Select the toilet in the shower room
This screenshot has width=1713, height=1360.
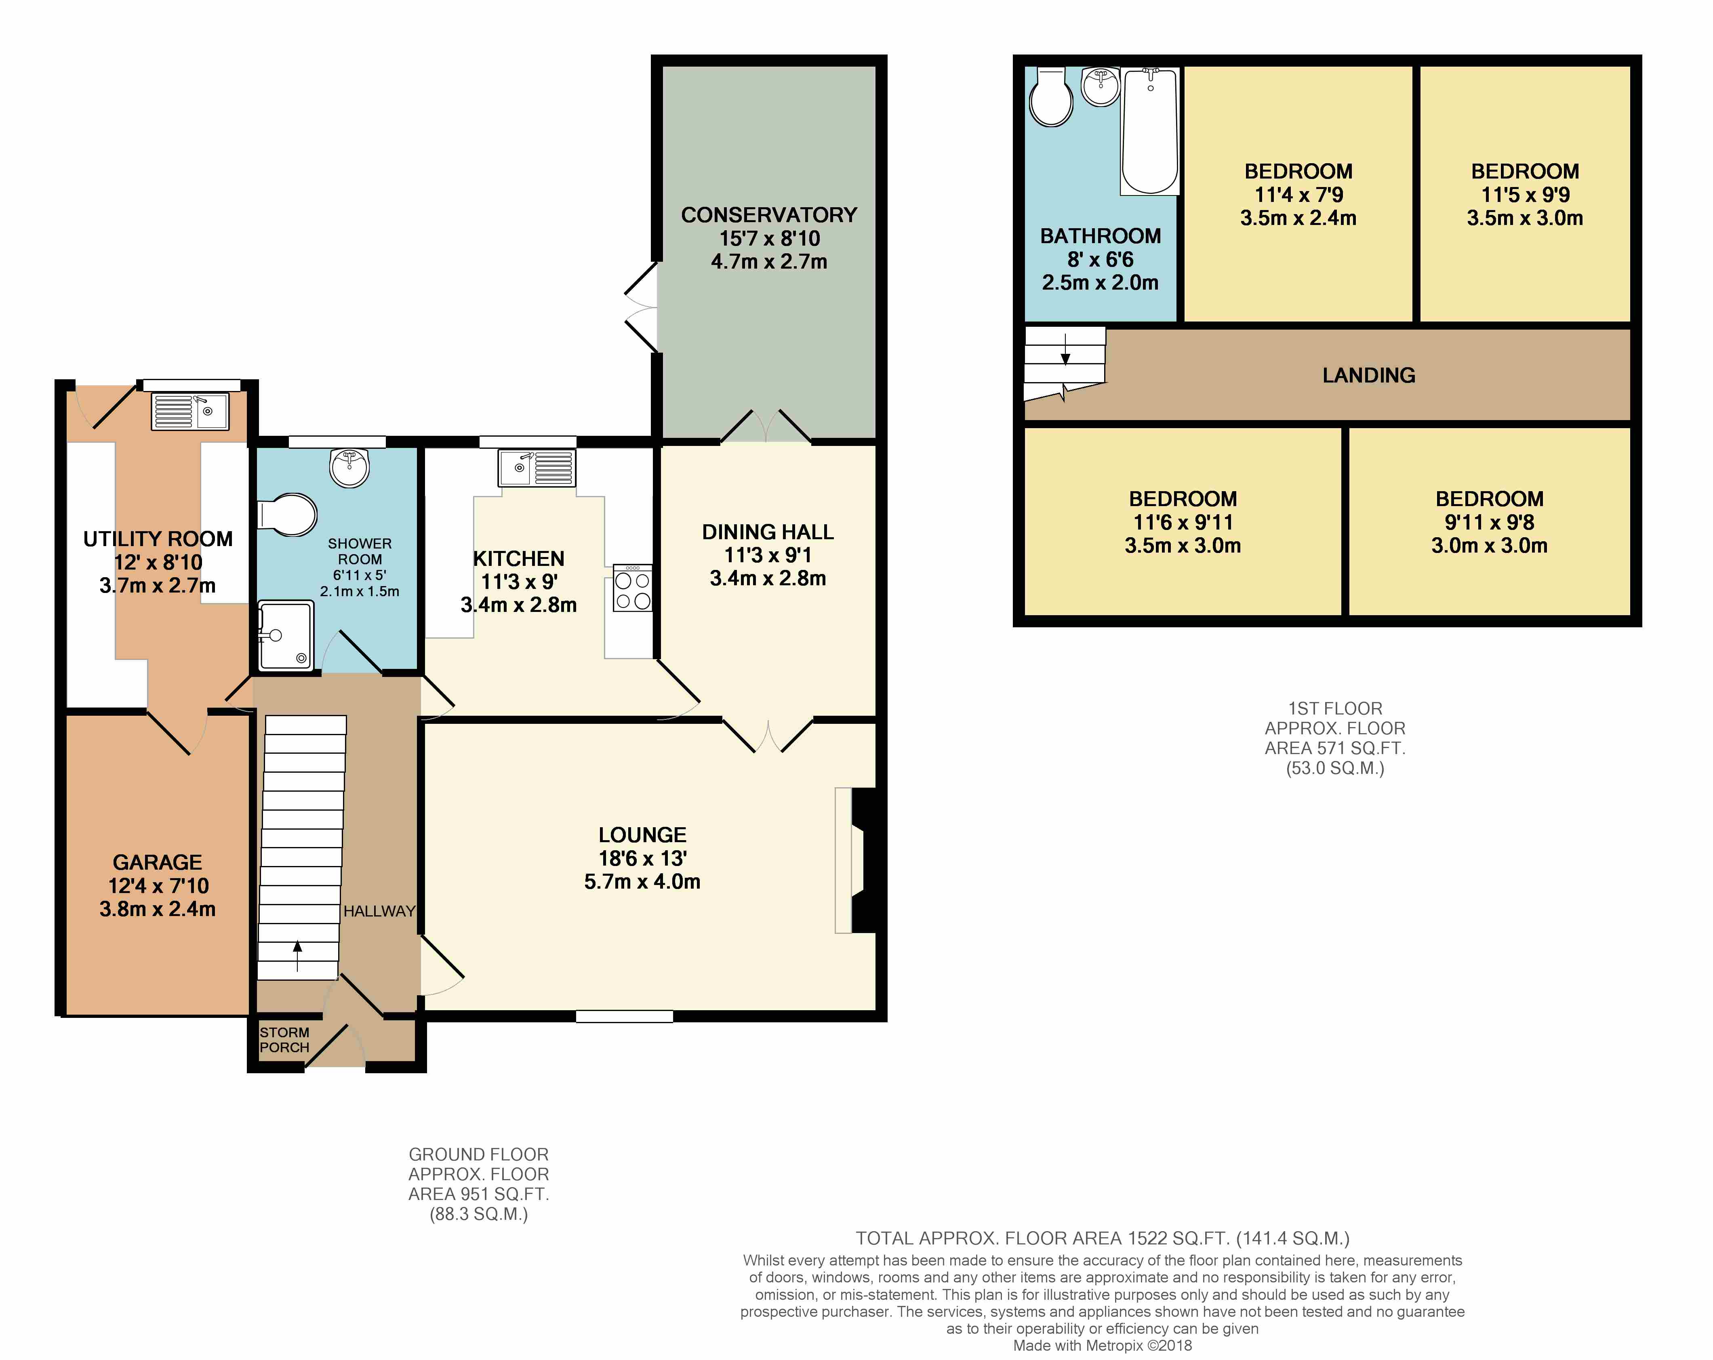[x=287, y=515]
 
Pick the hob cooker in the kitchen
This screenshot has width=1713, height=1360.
[x=632, y=588]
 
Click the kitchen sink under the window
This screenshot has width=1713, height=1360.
[x=537, y=468]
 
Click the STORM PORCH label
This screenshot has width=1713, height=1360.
[x=284, y=1040]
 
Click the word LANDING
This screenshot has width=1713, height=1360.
[x=1369, y=375]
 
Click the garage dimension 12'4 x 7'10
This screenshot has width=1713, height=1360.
[x=158, y=886]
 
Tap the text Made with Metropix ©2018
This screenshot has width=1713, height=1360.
[x=1103, y=1346]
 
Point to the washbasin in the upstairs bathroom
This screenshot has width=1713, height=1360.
[x=1101, y=86]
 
